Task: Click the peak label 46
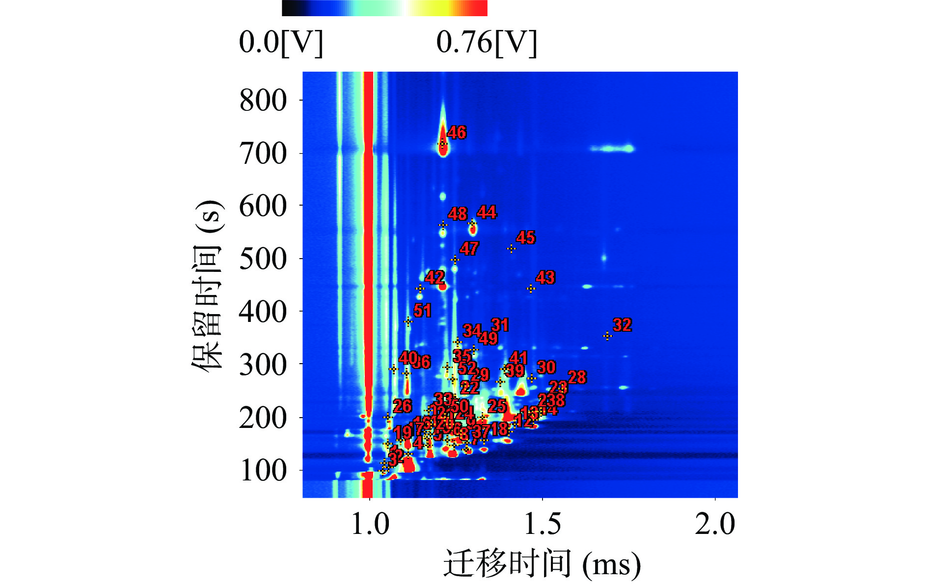point(457,133)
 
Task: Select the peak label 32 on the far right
point(622,325)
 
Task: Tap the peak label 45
point(525,238)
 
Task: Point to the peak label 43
point(545,278)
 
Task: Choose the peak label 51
point(422,311)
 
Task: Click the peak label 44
point(487,212)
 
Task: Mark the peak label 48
point(458,214)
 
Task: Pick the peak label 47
point(469,249)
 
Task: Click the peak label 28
point(577,377)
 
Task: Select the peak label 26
point(402,406)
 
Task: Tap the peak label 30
point(546,368)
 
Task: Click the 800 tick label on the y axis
point(263,101)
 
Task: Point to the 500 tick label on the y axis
point(263,259)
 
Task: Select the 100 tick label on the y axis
point(263,471)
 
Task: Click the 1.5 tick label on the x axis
point(542,524)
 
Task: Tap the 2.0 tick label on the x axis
point(715,524)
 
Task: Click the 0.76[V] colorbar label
point(486,42)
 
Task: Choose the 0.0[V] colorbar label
point(281,42)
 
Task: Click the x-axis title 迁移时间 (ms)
point(542,563)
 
